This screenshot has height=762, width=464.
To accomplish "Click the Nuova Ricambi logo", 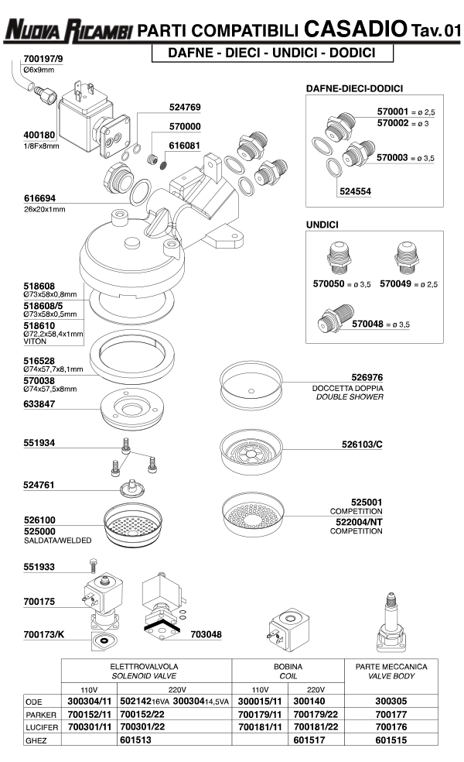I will pos(68,30).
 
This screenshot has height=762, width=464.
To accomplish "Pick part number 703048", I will pos(206,634).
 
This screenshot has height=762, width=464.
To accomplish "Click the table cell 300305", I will pos(391,700).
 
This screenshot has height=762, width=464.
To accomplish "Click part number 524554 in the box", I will pos(355,190).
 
